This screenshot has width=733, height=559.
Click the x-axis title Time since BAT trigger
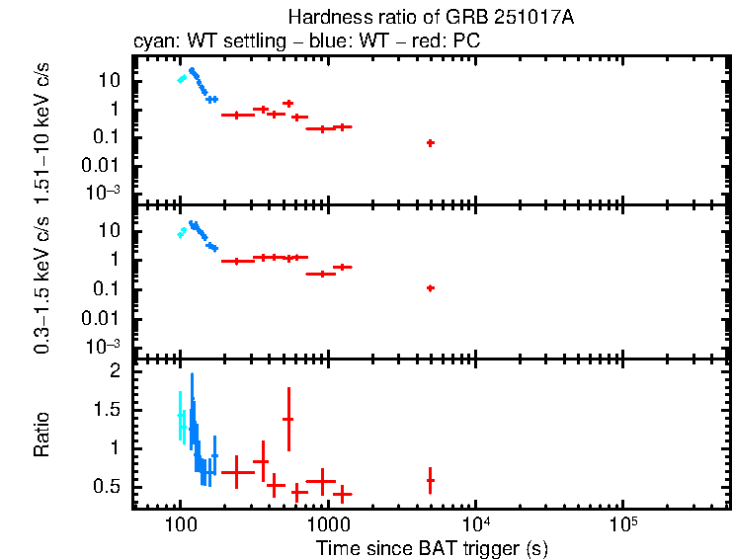432,547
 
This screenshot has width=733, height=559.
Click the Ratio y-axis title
42,435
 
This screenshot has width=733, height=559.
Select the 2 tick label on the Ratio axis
115,371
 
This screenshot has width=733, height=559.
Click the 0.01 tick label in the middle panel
102,318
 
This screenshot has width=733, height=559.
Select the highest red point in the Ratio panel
288,419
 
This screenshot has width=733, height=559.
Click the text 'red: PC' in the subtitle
453,42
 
